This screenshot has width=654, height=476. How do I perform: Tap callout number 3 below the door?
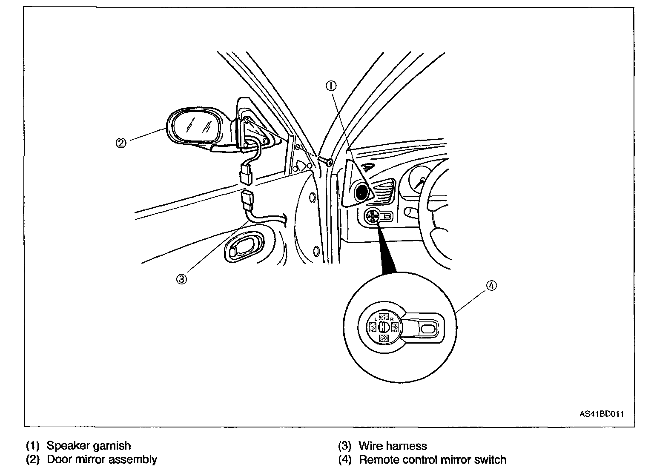tap(181, 279)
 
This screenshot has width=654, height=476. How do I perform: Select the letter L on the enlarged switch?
tap(376, 318)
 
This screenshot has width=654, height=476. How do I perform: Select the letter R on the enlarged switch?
tap(391, 318)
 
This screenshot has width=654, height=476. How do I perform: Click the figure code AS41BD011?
tap(601, 413)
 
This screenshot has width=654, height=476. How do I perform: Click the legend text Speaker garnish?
tap(89, 446)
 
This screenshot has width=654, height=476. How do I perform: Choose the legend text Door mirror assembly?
tap(102, 459)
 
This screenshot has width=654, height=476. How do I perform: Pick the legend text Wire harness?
tap(393, 446)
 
